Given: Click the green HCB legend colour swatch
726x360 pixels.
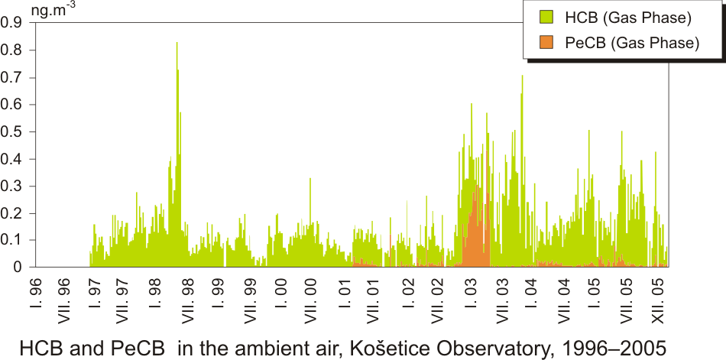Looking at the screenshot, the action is tap(546, 18).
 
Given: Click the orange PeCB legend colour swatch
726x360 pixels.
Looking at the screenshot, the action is tap(546, 43).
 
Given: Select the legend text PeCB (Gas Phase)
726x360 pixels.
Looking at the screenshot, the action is tap(632, 43).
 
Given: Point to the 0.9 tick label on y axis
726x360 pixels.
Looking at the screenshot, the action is tap(11, 22).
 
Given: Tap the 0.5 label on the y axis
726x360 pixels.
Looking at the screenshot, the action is tap(11, 131).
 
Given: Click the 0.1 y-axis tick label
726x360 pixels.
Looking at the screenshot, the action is tap(11, 241).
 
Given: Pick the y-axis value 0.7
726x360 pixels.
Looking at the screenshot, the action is tap(11, 77).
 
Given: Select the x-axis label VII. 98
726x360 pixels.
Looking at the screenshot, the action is tap(189, 297).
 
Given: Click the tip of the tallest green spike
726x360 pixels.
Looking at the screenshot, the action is tap(177, 42).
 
